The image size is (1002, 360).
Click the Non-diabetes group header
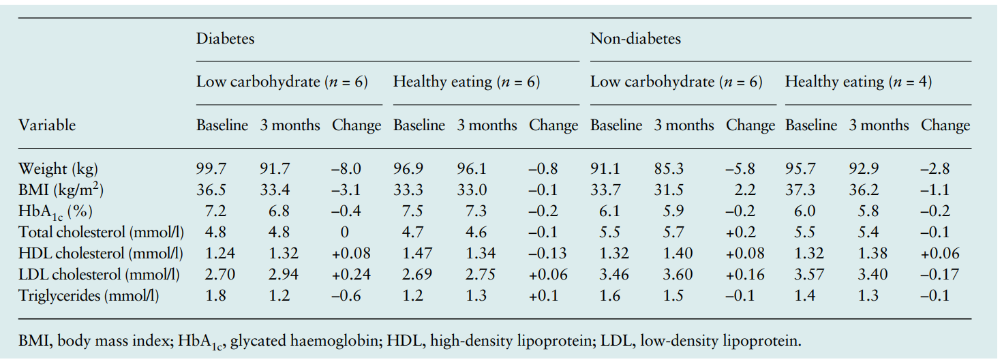(x=635, y=38)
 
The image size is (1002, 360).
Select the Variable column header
(x=47, y=125)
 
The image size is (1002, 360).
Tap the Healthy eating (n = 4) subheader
(x=858, y=82)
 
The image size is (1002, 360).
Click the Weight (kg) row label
(x=58, y=169)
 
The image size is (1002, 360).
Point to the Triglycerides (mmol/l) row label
(x=89, y=296)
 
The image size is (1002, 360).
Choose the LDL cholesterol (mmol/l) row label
(x=99, y=275)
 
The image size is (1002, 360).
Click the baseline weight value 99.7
(x=211, y=168)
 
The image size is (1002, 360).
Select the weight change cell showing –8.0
(x=346, y=168)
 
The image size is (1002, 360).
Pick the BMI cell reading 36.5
(x=211, y=190)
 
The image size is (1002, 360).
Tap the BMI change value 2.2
(x=745, y=190)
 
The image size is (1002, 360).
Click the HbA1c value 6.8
(x=279, y=211)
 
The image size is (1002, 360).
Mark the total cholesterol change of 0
(x=344, y=232)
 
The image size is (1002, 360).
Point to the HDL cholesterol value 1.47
(x=417, y=253)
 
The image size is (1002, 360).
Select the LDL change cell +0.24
(x=351, y=274)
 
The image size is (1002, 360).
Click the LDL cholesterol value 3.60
(x=678, y=274)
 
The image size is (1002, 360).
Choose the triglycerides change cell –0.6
(x=346, y=296)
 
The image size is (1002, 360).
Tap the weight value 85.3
(x=669, y=168)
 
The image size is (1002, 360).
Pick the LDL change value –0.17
(x=939, y=274)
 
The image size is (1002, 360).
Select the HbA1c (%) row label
(x=55, y=211)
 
